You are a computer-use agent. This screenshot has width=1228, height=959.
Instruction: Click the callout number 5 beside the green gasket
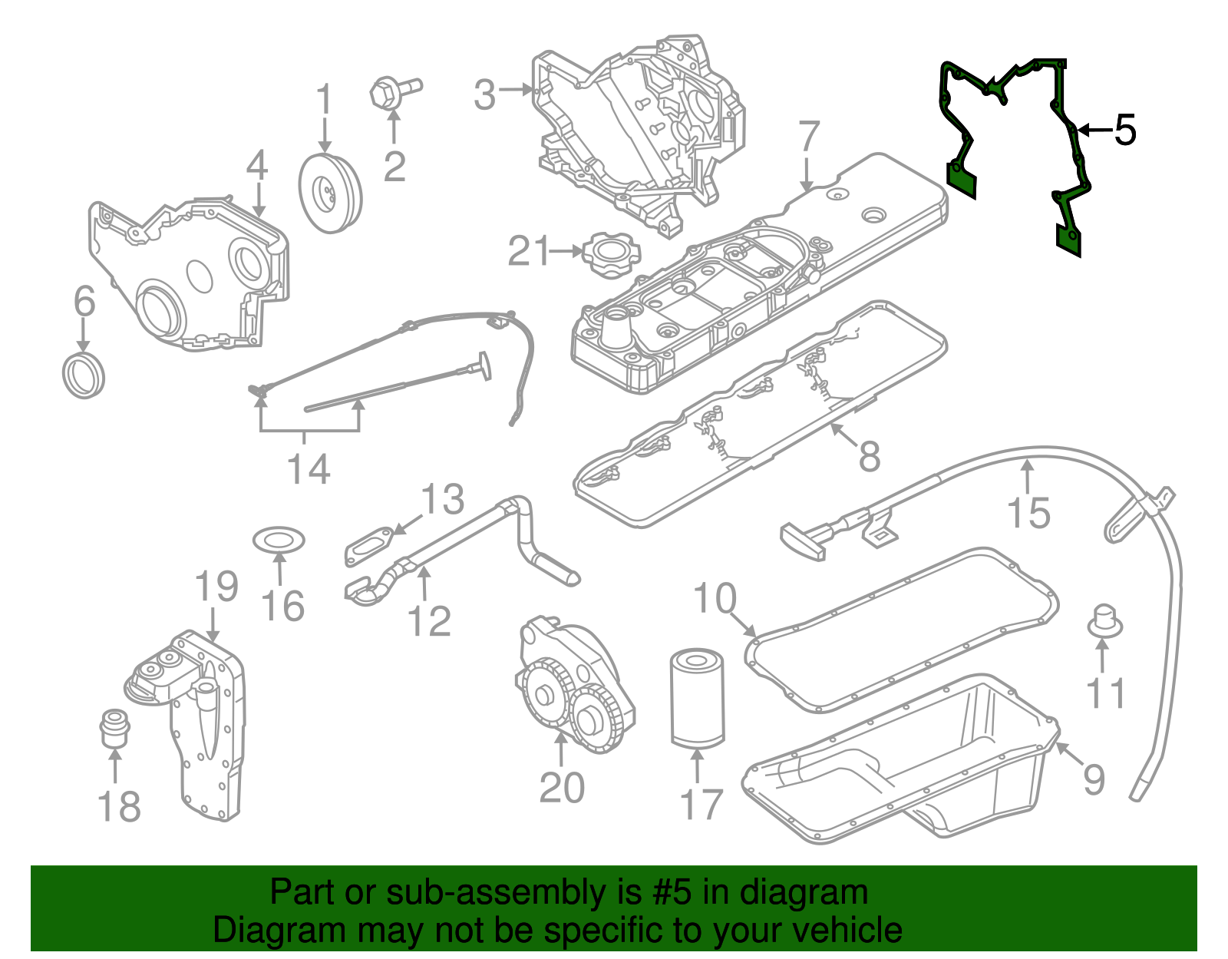coord(1124,131)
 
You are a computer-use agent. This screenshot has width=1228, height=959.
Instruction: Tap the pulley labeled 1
coord(330,193)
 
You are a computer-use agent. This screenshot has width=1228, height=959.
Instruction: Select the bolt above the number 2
coord(394,93)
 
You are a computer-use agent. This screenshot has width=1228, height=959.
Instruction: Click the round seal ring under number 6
coord(83,375)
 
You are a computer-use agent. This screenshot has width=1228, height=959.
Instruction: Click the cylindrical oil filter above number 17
coord(697,698)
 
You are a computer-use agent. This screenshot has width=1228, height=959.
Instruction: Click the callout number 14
coord(309,468)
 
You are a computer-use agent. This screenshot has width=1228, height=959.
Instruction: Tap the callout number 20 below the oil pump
coord(562,788)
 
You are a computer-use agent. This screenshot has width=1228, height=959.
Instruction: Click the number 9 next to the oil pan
coord(1094,779)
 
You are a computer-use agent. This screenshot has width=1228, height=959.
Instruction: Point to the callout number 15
coord(1028,513)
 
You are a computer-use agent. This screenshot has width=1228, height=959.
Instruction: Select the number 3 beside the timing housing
coord(484,95)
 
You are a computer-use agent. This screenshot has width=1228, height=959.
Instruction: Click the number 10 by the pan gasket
coord(715,598)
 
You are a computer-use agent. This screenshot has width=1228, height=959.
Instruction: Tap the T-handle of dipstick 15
coord(803,541)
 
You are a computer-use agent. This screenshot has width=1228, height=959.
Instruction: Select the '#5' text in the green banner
coord(672,893)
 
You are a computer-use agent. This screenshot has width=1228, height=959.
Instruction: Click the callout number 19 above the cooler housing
coord(216,587)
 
